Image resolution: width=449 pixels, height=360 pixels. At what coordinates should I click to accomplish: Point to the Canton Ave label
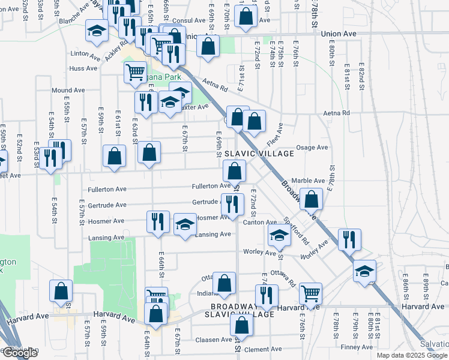tap(259, 222)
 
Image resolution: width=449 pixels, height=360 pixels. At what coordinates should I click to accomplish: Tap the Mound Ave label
tap(68, 90)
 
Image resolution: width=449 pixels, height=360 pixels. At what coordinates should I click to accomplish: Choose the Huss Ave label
tap(83, 68)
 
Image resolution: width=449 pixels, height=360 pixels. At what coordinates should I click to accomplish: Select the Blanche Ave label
tap(74, 21)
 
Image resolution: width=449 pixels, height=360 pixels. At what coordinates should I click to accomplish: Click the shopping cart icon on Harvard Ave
tap(310, 293)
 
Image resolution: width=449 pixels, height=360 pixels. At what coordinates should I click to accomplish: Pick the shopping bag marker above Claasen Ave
tap(242, 325)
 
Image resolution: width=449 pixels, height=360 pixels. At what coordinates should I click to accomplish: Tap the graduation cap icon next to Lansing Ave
tap(185, 225)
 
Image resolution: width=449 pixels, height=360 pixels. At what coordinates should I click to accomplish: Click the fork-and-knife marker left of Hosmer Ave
tap(158, 221)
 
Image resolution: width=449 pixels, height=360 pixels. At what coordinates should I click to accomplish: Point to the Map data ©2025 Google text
tap(412, 355)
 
